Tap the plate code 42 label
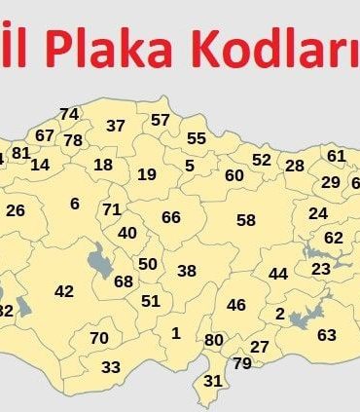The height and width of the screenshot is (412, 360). pos(64,291)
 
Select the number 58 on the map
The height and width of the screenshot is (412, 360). pos(246,220)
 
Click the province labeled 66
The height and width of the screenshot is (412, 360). pos(171,217)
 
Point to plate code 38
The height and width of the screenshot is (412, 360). pos(187,271)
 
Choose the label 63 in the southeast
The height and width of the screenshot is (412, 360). pos(327,335)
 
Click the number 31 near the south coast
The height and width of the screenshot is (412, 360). pos(213,380)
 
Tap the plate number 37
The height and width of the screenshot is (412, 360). pos(116,126)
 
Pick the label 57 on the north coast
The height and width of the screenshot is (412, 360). pos(161,120)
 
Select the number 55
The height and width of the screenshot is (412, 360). pos(197,139)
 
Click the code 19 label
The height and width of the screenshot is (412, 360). pos(147,174)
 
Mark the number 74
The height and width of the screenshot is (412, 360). pos(69,114)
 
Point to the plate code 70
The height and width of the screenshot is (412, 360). pos(99,338)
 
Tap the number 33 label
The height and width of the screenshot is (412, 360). pos(111,367)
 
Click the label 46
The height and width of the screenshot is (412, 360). pos(236,305)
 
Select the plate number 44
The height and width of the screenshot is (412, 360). pos(278,274)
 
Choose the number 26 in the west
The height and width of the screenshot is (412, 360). pos(16,210)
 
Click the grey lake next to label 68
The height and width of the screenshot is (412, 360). pos(98,261)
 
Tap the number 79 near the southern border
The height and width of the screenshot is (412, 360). pos(242,363)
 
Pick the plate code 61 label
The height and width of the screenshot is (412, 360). pos(337,156)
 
